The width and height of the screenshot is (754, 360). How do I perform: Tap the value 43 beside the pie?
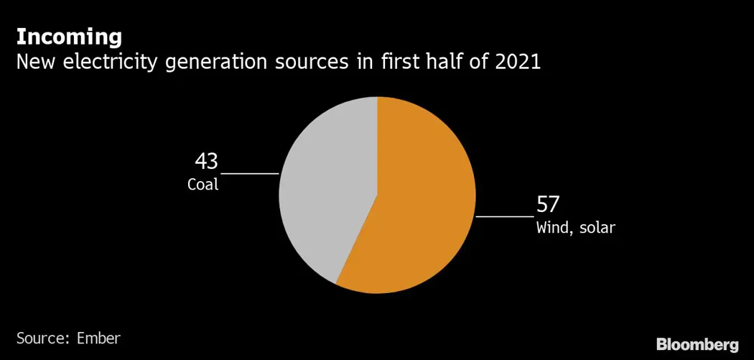pos(206,161)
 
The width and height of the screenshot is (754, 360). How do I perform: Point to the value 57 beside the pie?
pos(548,205)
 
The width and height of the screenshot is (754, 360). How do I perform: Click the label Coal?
pos(203,185)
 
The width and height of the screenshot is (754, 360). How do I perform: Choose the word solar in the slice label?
pos(597,229)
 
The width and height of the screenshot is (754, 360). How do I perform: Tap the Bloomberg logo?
pos(697,343)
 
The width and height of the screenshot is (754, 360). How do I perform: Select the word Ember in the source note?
pos(99,338)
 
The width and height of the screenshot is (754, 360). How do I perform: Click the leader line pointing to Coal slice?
pos(249,173)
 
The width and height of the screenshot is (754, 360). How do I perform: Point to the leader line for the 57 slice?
pos(505,216)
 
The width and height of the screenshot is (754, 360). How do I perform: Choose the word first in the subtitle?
pos(394,63)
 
